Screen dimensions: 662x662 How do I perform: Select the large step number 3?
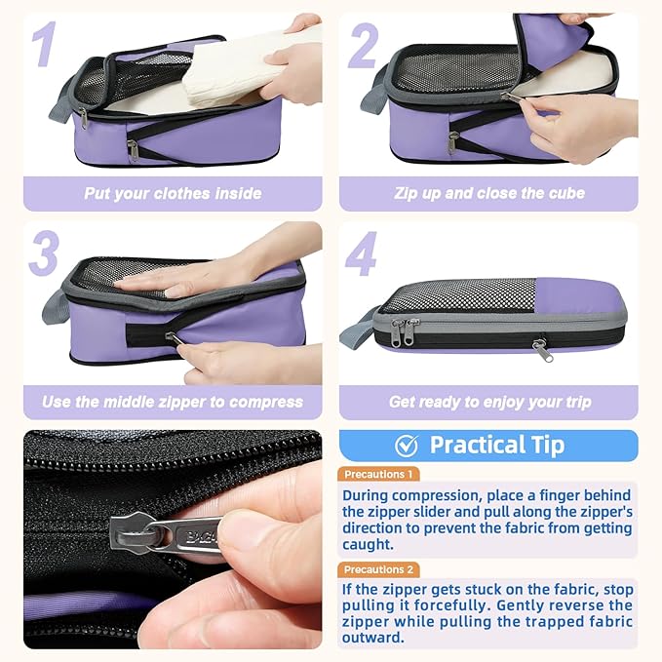[x=45, y=255]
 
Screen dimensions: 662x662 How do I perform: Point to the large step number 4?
[x=362, y=255]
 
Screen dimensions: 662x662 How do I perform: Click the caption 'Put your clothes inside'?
[x=173, y=193]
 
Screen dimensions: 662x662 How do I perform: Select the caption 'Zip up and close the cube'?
[x=489, y=193]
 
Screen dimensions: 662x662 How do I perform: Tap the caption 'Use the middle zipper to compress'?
[x=173, y=402]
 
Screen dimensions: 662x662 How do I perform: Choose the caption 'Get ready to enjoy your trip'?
[x=489, y=402]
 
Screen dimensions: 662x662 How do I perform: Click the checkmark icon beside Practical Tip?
[x=407, y=446]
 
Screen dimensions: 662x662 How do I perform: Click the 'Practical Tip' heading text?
[x=497, y=446]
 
